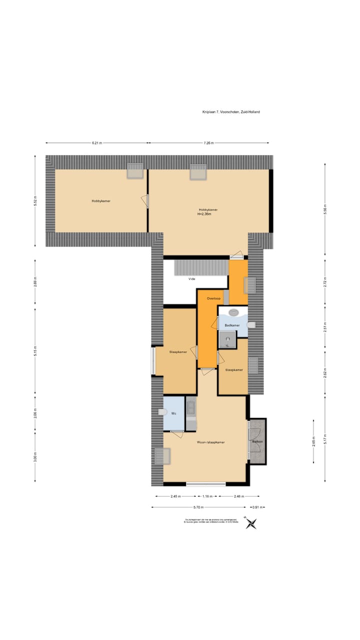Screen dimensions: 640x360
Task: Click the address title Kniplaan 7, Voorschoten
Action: [x=227, y=112]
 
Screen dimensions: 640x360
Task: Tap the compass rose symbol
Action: [x=252, y=523]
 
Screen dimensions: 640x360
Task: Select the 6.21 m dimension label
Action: [x=97, y=143]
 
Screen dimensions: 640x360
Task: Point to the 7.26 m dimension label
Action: [x=208, y=143]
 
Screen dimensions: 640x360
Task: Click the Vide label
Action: [x=191, y=279]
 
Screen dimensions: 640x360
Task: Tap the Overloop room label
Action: [x=214, y=298]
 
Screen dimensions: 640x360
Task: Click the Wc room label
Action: [x=174, y=413]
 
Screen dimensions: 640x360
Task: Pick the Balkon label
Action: [x=257, y=442]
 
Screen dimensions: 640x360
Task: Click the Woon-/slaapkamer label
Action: [x=210, y=442]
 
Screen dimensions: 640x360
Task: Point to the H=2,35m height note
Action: [x=204, y=214]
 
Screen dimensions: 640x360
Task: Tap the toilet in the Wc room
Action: [x=161, y=412]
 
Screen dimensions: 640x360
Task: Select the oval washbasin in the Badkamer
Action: [x=234, y=313]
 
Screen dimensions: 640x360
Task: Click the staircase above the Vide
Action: [x=200, y=268]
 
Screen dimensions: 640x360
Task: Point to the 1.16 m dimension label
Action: [x=207, y=496]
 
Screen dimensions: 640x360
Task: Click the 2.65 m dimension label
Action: [x=313, y=442]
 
